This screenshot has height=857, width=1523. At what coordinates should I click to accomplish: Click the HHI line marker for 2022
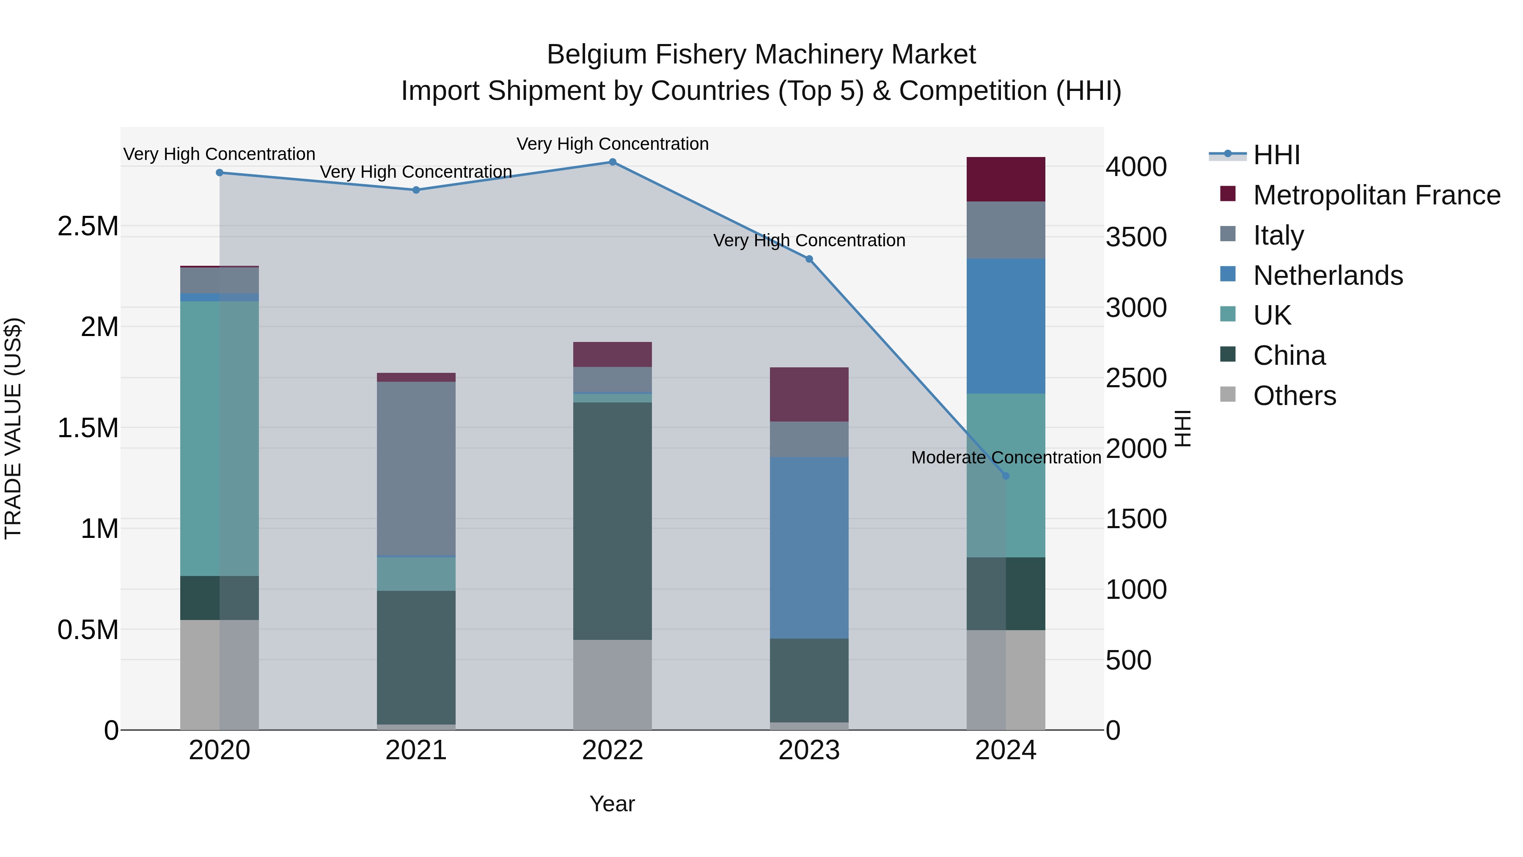click(613, 162)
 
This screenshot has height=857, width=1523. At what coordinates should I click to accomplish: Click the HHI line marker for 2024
click(1006, 476)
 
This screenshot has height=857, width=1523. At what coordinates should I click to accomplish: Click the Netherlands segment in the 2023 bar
click(809, 548)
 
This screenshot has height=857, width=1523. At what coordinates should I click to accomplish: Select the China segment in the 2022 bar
click(613, 521)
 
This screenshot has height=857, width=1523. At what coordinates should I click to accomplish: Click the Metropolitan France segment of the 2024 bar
click(1006, 179)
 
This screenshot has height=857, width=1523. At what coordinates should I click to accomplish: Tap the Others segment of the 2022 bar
click(613, 684)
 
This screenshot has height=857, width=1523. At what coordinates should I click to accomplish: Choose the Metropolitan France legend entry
click(1376, 195)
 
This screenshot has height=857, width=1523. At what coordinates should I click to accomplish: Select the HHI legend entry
click(1276, 155)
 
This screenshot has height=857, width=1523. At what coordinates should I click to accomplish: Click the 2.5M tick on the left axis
click(88, 226)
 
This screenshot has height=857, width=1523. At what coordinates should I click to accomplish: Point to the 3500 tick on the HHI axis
click(1136, 237)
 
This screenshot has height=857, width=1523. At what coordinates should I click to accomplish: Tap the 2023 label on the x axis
click(809, 750)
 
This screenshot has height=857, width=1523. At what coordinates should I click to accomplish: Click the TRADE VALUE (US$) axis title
click(13, 428)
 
